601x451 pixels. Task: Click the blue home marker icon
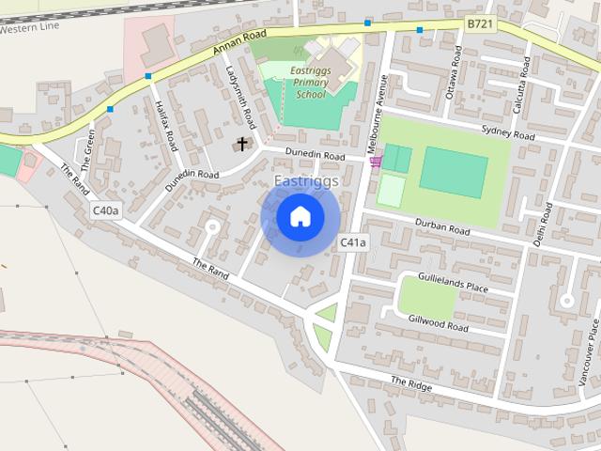click(x=300, y=217)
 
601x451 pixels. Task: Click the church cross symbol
click(x=243, y=144)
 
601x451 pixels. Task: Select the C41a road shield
click(x=353, y=242)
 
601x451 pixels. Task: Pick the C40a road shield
click(x=106, y=210)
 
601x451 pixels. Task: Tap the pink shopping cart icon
click(x=376, y=163)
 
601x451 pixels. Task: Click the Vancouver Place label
click(x=593, y=345)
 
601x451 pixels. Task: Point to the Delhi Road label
click(x=540, y=222)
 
